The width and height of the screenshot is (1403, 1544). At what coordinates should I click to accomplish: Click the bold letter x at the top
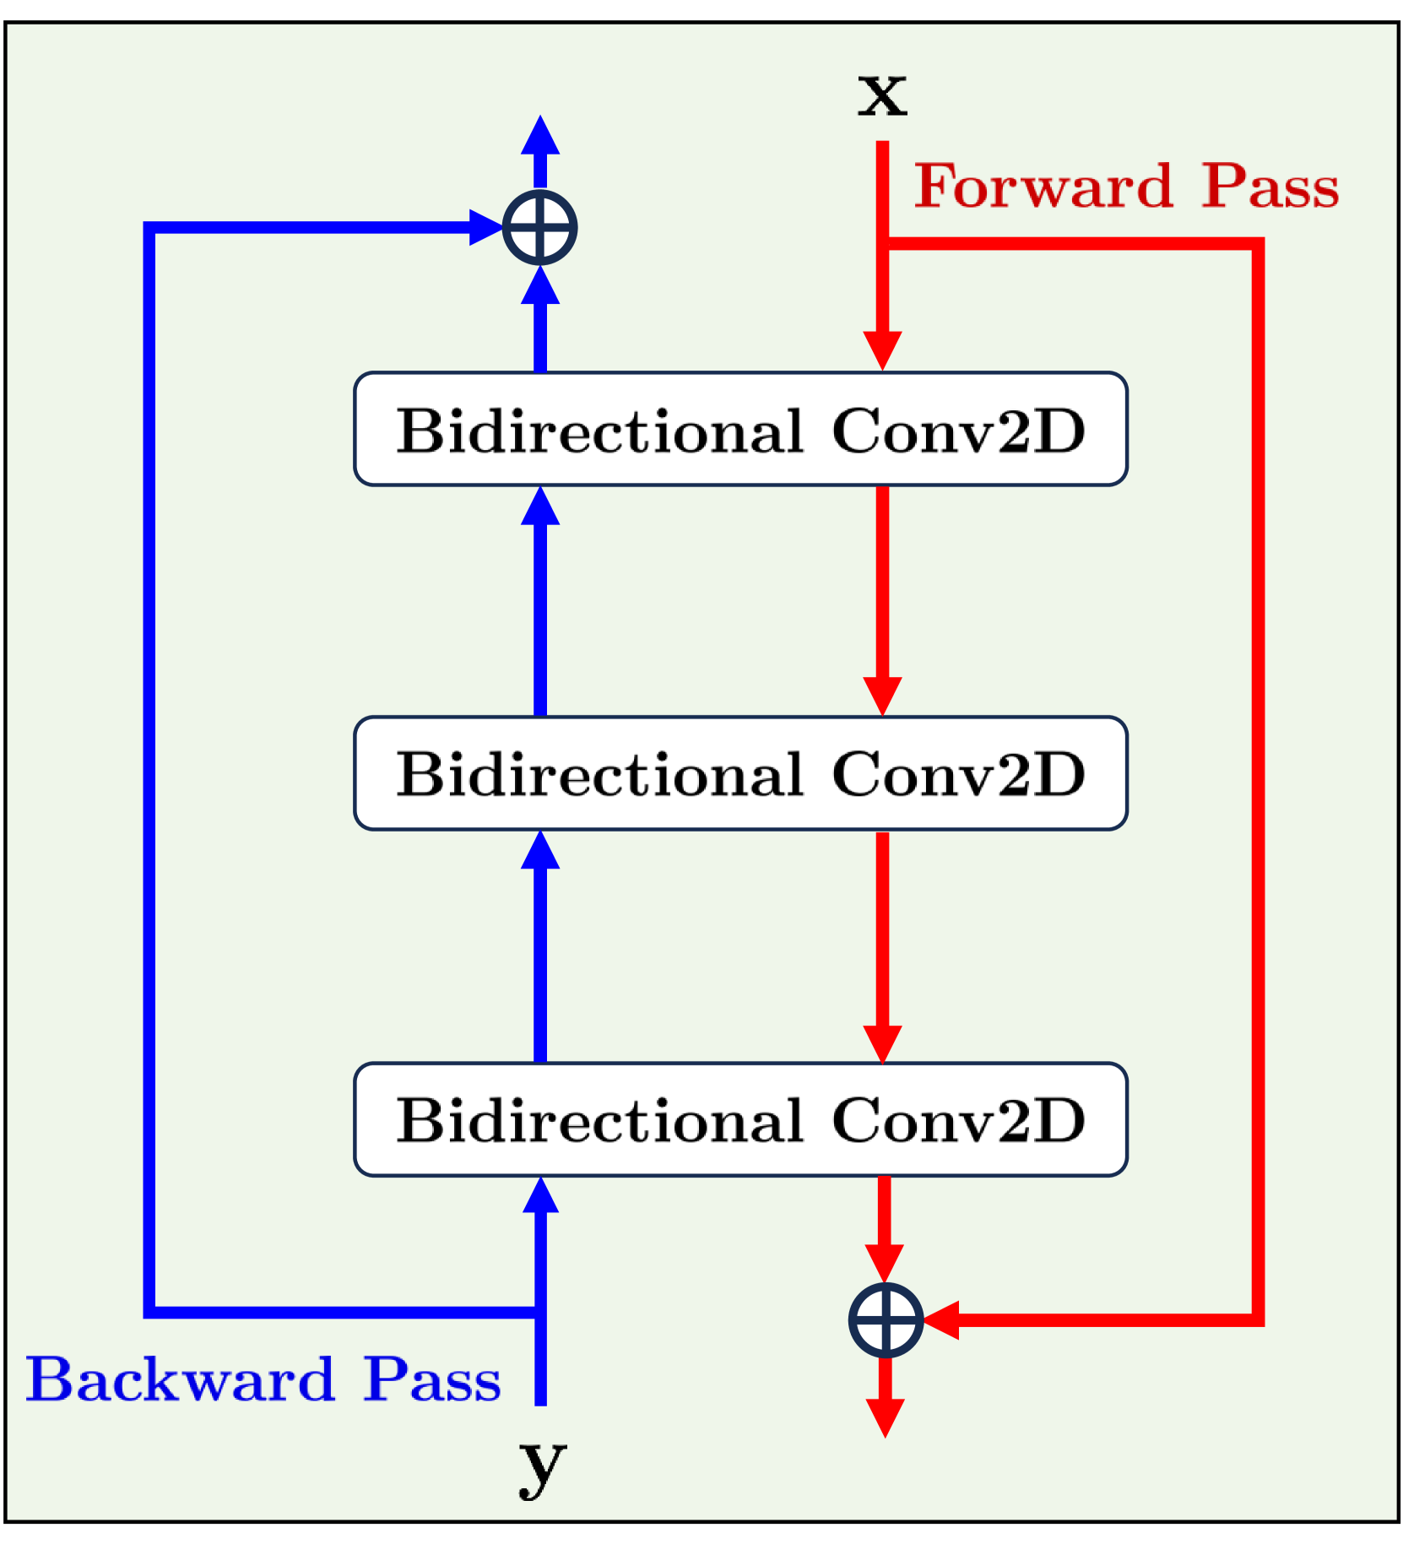pyautogui.click(x=882, y=95)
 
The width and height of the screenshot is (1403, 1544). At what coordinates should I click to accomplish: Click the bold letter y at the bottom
pyautogui.click(x=541, y=1465)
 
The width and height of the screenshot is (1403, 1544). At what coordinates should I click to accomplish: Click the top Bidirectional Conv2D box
pyautogui.click(x=740, y=429)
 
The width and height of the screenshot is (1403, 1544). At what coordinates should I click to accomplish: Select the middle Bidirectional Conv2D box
pyautogui.click(x=740, y=773)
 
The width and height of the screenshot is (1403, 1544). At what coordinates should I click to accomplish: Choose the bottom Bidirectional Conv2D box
pyautogui.click(x=740, y=1119)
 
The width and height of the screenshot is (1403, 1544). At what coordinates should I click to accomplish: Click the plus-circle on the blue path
pyautogui.click(x=540, y=228)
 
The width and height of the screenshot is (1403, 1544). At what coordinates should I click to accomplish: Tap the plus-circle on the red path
pyautogui.click(x=886, y=1319)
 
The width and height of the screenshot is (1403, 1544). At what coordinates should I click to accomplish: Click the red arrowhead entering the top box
pyautogui.click(x=882, y=349)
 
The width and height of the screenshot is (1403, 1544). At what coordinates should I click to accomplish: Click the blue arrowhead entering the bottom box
pyautogui.click(x=540, y=1197)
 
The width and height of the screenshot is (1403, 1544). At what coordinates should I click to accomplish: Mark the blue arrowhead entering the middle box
pyautogui.click(x=540, y=851)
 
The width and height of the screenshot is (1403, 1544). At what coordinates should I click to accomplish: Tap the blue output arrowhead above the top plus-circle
pyautogui.click(x=540, y=135)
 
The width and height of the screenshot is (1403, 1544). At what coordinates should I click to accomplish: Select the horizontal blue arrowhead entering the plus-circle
pyautogui.click(x=486, y=228)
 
